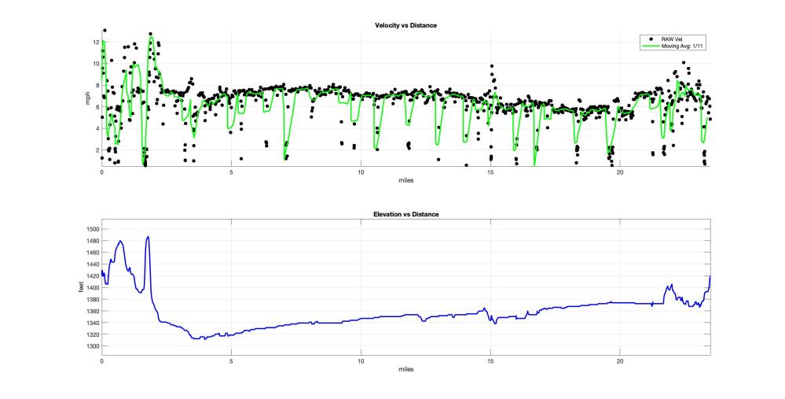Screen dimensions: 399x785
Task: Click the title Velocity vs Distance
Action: click(405, 26)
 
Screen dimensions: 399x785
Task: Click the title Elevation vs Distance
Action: click(405, 214)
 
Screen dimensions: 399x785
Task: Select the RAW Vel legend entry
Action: click(673, 38)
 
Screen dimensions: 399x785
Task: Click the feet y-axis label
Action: click(82, 287)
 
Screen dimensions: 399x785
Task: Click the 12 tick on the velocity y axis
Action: click(95, 42)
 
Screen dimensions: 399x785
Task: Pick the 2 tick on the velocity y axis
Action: click(96, 150)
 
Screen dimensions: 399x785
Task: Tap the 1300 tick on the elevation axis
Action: click(91, 346)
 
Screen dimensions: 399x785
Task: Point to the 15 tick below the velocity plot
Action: click(490, 172)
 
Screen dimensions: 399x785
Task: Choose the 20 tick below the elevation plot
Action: click(619, 361)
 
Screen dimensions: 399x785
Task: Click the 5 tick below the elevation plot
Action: click(231, 361)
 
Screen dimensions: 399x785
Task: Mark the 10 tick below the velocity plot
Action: click(361, 172)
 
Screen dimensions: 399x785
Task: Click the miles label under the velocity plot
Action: click(405, 180)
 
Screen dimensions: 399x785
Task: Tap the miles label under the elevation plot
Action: click(405, 369)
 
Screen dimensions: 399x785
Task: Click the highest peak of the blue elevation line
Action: click(148, 236)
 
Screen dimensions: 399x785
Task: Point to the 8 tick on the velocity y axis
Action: click(96, 85)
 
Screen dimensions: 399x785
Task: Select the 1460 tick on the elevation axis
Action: click(91, 253)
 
